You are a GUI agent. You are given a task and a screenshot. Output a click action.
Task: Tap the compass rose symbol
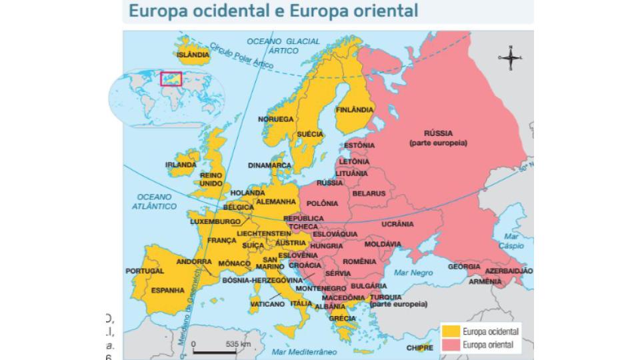pyautogui.click(x=510, y=59)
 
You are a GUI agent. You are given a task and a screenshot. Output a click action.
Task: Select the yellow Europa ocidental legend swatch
pyautogui.click(x=451, y=331)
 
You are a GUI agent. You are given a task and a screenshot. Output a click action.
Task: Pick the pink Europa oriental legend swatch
pyautogui.click(x=451, y=345)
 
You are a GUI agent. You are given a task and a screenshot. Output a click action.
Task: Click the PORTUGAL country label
pyautogui.click(x=145, y=271)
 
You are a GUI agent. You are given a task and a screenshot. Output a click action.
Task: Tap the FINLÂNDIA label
pyautogui.click(x=355, y=109)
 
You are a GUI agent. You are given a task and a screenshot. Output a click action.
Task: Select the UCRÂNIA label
pyautogui.click(x=398, y=224)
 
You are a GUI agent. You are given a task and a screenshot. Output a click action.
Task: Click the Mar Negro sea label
pyautogui.click(x=413, y=273)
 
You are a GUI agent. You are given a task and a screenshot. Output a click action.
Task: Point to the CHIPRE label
pyautogui.click(x=420, y=347)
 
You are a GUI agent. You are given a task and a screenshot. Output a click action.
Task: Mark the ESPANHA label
pyautogui.click(x=167, y=290)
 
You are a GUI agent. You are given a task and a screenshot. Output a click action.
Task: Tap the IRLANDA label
pyautogui.click(x=181, y=164)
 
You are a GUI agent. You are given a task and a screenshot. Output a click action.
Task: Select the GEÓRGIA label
pyautogui.click(x=464, y=267)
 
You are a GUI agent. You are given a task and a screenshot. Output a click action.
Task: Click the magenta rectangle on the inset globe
pyautogui.click(x=171, y=79)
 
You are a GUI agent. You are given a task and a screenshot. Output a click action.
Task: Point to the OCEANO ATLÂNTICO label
pyautogui.click(x=155, y=201)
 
